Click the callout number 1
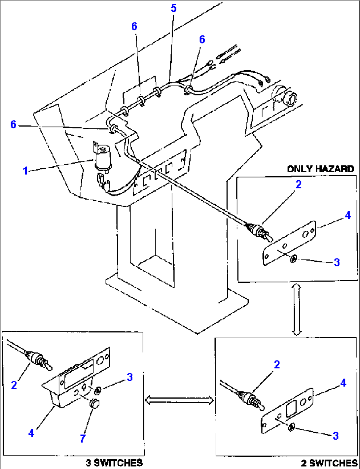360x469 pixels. pyautogui.click(x=26, y=171)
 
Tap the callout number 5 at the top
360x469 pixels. pyautogui.click(x=174, y=8)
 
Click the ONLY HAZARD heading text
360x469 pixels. pyautogui.click(x=320, y=169)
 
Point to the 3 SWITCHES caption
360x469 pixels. pyautogui.click(x=114, y=463)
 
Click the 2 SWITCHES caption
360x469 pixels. pyautogui.click(x=329, y=463)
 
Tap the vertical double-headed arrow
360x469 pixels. pyautogui.click(x=297, y=310)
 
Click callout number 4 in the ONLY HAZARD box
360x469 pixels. pyautogui.click(x=348, y=215)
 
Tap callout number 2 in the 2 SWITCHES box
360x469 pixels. pyautogui.click(x=277, y=364)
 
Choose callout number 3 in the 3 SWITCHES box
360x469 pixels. pyautogui.click(x=129, y=377)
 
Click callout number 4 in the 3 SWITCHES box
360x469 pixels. pyautogui.click(x=31, y=433)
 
